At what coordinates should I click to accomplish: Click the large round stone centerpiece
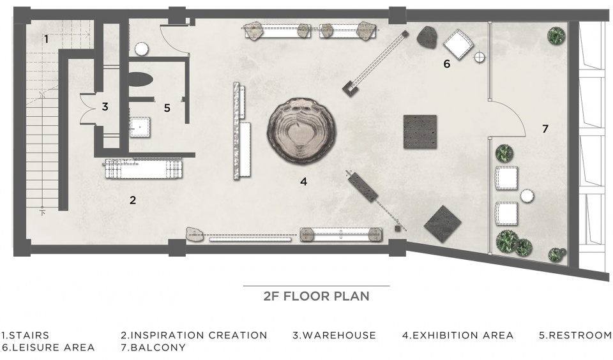point(301,131)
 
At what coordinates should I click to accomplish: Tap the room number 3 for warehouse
point(105,107)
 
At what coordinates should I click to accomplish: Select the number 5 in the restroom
point(167,108)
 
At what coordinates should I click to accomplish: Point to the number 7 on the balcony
point(545,128)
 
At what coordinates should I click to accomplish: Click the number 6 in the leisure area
point(447,63)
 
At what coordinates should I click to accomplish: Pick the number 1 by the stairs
point(46,39)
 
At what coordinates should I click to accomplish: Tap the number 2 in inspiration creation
point(133,200)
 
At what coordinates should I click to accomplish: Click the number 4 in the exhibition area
point(304,181)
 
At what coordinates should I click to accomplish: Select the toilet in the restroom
point(140,79)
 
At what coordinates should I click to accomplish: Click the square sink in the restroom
point(140,127)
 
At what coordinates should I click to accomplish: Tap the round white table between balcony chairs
point(527,196)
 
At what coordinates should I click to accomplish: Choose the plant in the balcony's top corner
point(556,36)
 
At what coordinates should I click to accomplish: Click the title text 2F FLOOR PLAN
point(316,296)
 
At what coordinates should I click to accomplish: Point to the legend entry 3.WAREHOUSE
point(334,335)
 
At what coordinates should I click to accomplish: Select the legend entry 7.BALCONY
point(153,347)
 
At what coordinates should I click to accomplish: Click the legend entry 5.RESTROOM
point(575,335)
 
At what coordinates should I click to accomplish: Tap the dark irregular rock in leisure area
point(427,37)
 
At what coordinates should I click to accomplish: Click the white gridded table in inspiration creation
point(144,169)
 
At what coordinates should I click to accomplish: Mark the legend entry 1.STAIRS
point(26,335)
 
